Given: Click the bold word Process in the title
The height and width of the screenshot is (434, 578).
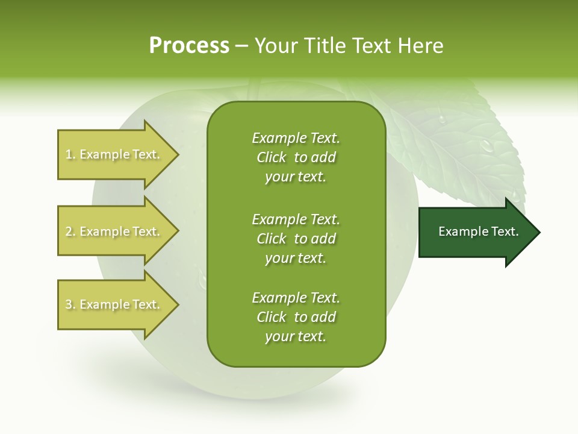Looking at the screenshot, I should [x=189, y=46].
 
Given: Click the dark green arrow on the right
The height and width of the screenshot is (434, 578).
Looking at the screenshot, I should [x=476, y=232].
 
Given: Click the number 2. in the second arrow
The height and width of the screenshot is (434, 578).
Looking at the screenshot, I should [x=70, y=231].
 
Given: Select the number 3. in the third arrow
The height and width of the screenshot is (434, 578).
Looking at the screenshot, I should [x=70, y=304].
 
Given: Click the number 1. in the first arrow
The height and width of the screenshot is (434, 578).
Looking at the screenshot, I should [x=70, y=155].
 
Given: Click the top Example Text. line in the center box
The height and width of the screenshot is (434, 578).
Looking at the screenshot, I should [x=296, y=138].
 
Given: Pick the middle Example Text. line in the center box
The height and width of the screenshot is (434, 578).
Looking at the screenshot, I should [x=296, y=219].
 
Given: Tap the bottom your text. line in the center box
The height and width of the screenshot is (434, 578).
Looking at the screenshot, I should [x=296, y=337].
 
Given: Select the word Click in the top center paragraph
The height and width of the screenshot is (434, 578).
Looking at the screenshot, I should [x=272, y=158].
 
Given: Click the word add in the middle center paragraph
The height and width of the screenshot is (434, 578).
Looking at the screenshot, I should [x=324, y=239].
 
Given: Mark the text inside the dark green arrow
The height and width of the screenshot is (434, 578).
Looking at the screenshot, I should [x=478, y=231].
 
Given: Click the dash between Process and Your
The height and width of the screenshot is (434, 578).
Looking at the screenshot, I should [x=241, y=46].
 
